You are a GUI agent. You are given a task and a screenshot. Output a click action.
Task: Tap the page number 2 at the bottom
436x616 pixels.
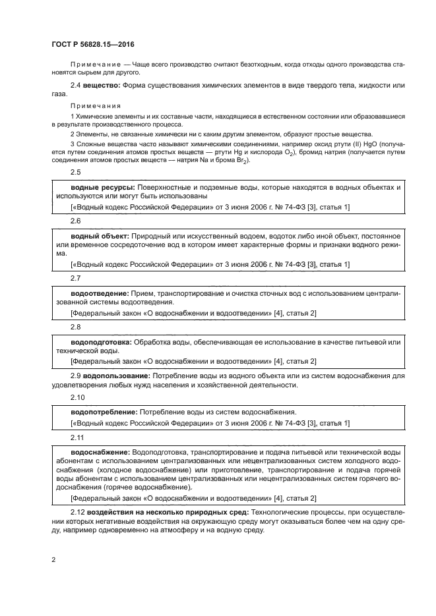pos(54,560)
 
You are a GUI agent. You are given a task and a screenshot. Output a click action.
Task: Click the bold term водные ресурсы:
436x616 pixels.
pos(98,187)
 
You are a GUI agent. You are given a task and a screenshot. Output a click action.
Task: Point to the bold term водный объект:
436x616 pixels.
pos(100,236)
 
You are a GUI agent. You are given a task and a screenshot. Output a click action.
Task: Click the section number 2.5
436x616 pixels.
pos(76,172)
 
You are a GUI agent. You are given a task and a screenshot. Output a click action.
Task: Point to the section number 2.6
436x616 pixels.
pos(76,221)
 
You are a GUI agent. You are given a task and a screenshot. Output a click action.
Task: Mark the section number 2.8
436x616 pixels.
pos(76,327)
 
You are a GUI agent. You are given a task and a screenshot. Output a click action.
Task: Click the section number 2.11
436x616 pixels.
pos(78,437)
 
